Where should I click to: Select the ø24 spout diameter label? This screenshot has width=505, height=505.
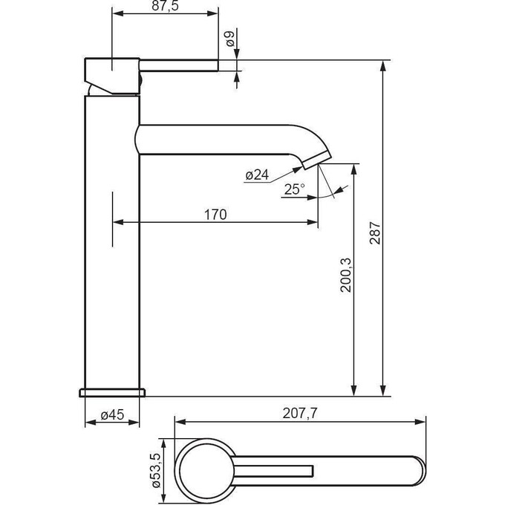(x=256, y=175)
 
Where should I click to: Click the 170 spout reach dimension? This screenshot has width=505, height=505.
(x=215, y=215)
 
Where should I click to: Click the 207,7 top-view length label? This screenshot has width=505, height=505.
(x=300, y=414)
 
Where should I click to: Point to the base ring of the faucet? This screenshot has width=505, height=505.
(x=112, y=391)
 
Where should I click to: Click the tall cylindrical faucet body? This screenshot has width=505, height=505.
(x=112, y=245)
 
